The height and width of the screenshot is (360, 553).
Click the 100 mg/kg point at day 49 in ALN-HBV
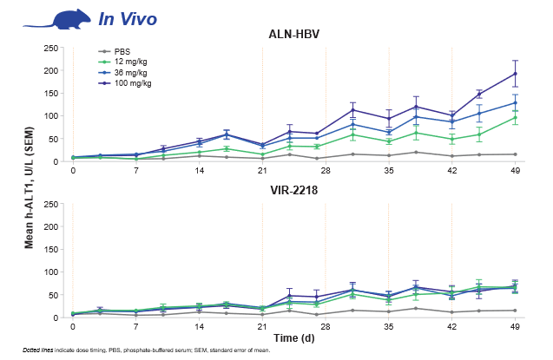click(x=515, y=74)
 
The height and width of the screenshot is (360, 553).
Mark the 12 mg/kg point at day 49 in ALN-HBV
click(x=515, y=117)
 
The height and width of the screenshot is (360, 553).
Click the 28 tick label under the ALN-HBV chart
click(x=326, y=172)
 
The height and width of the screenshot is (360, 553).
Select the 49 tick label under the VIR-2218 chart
click(x=515, y=328)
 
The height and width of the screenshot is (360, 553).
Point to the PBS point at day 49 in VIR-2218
click(x=515, y=311)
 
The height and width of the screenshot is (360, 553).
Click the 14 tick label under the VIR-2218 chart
click(x=199, y=328)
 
